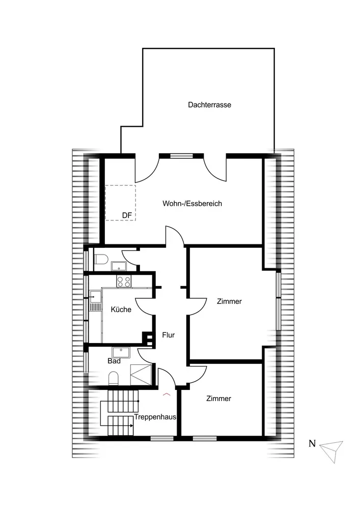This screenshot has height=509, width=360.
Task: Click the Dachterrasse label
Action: [209, 105]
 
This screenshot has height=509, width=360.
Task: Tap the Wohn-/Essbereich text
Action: [192, 204]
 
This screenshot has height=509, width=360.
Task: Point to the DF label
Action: [127, 216]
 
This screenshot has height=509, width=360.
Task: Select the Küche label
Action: [121, 309]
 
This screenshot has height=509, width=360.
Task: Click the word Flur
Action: [169, 335]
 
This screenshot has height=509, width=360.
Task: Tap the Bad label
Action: [114, 361]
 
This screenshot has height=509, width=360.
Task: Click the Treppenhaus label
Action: [155, 417]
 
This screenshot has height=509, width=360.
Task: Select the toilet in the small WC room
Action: [101, 260]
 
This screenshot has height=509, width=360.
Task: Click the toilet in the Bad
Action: [114, 377]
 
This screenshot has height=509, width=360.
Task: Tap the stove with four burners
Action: [124, 280]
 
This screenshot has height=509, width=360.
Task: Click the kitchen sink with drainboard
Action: [95, 300]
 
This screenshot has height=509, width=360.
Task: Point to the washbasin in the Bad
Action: [122, 351]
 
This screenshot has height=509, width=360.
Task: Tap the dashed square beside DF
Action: [120, 202]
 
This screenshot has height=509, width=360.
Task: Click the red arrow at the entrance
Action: [166, 393]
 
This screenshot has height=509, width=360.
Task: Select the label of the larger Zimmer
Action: [229, 301]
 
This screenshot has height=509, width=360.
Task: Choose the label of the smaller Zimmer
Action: [219, 399]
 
